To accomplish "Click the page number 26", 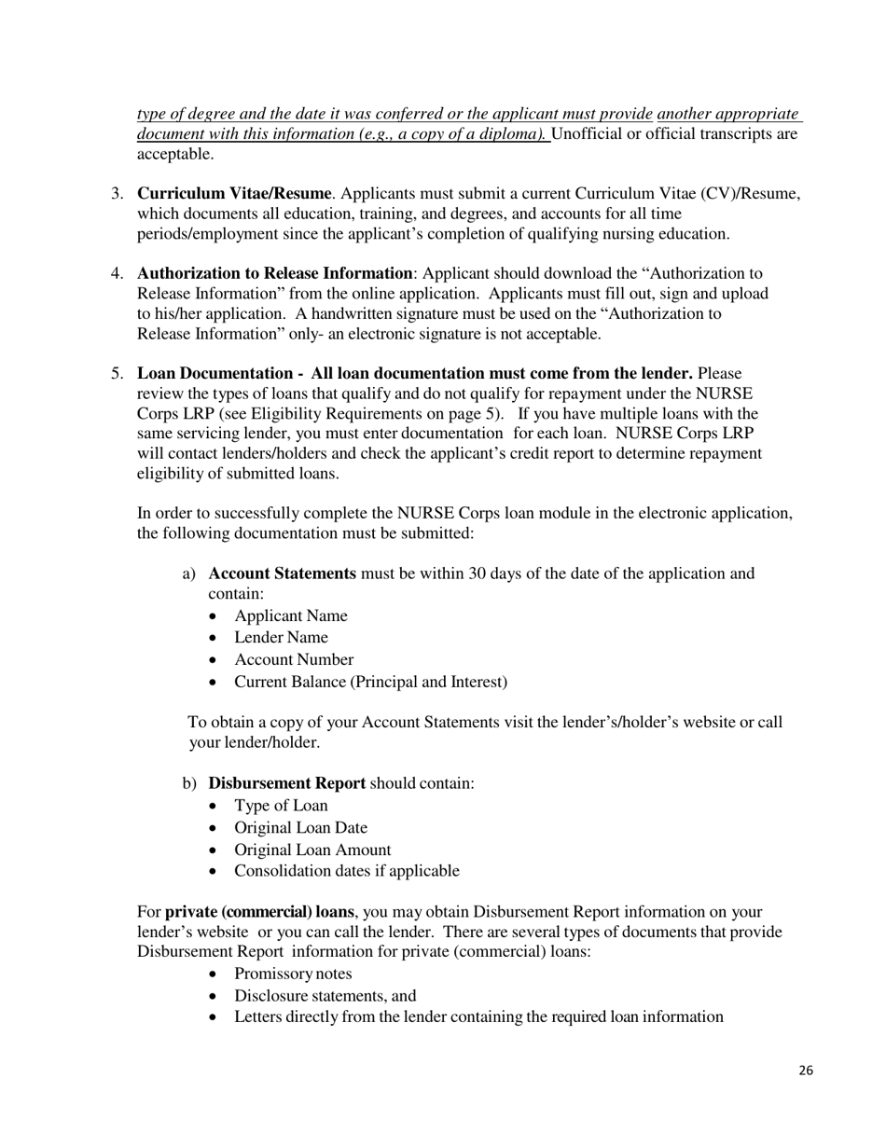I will (x=806, y=1071).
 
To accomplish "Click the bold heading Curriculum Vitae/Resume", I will (x=234, y=194).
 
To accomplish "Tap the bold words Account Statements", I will (x=282, y=573).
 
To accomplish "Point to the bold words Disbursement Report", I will (x=286, y=783).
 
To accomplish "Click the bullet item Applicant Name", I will (x=290, y=615).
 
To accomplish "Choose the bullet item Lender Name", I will (x=281, y=638).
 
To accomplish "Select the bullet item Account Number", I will (x=294, y=659).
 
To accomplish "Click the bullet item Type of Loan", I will (x=281, y=806).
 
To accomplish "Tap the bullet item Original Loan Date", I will (x=300, y=828).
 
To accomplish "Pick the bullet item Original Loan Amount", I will (x=312, y=850).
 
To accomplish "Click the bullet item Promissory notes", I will (x=293, y=974).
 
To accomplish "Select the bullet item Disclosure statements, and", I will (x=325, y=995).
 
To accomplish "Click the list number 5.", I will (x=117, y=374).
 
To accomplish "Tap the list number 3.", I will (x=117, y=194).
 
